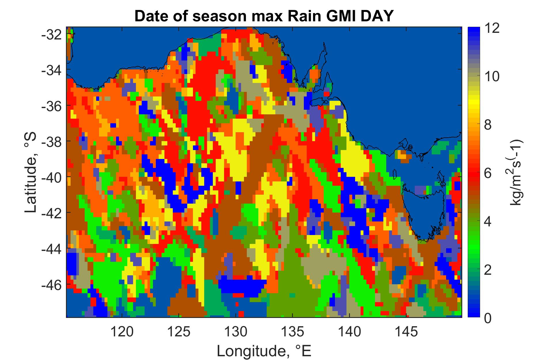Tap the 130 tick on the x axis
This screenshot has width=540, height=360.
pyautogui.click(x=236, y=332)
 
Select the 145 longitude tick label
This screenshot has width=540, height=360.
pyautogui.click(x=406, y=332)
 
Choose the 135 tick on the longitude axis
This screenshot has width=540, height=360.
pyautogui.click(x=293, y=332)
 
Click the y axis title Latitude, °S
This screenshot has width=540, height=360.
pyautogui.click(x=31, y=173)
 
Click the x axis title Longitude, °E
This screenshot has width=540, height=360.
pyautogui.click(x=264, y=351)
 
